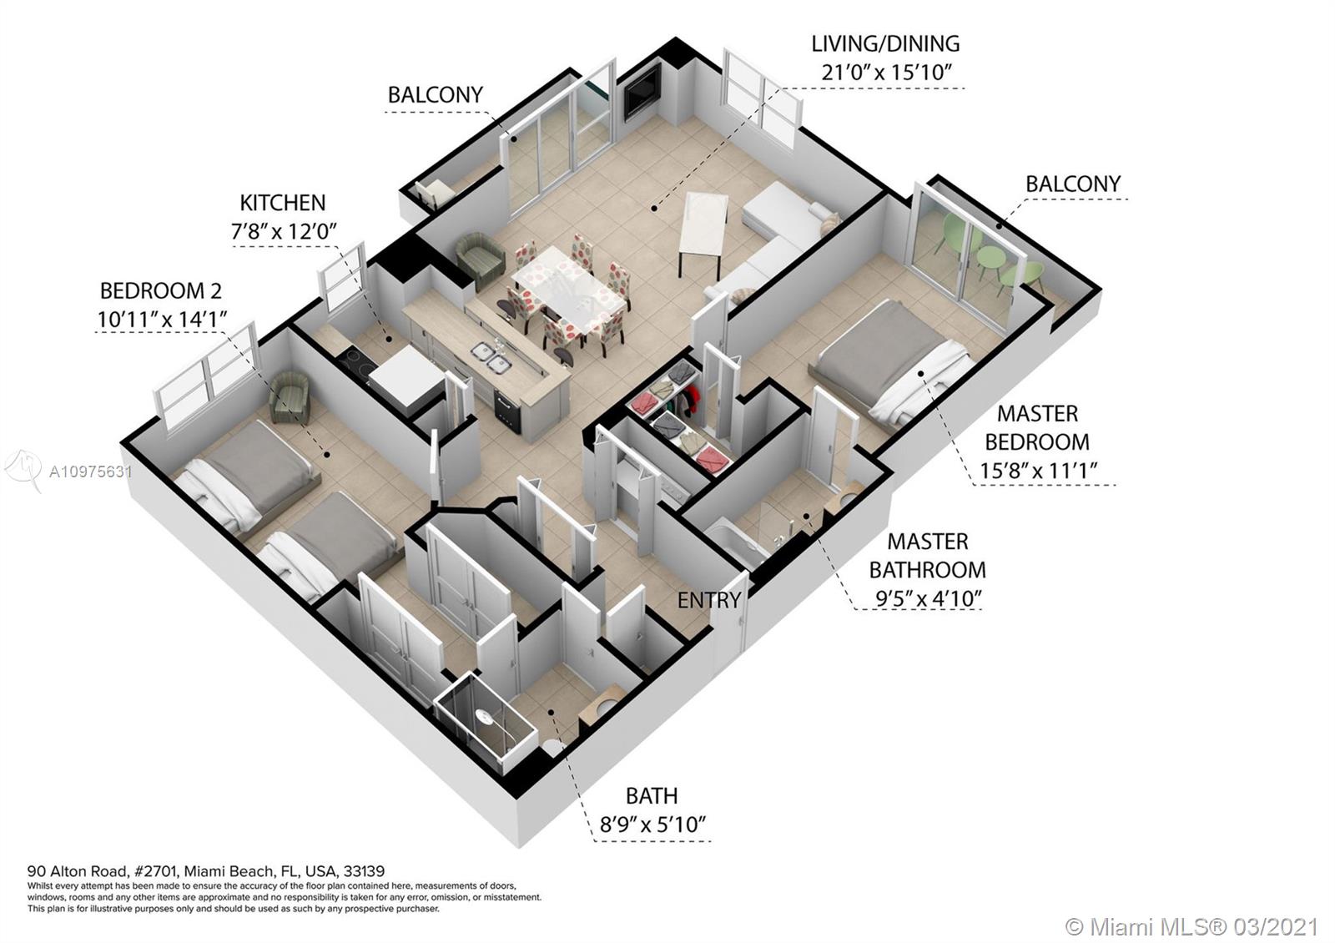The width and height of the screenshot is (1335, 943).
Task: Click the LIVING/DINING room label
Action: click(885, 44)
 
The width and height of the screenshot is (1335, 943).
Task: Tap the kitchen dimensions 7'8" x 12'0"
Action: click(284, 231)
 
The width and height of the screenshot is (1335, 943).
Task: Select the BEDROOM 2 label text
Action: click(161, 291)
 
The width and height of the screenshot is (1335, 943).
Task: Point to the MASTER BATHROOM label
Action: click(927, 556)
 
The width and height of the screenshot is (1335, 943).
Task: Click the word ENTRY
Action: click(709, 600)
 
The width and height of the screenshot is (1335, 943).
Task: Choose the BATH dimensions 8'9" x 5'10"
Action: click(652, 825)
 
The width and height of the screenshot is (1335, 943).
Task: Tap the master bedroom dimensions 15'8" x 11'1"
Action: click(1038, 471)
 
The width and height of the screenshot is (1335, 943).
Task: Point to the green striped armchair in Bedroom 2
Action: click(290, 396)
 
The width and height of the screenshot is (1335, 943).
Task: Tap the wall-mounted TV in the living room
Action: click(643, 93)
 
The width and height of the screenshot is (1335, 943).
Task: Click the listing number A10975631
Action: click(91, 472)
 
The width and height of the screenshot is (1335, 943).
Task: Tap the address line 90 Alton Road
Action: click(206, 871)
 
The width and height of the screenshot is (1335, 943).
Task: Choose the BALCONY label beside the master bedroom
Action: click(1073, 184)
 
